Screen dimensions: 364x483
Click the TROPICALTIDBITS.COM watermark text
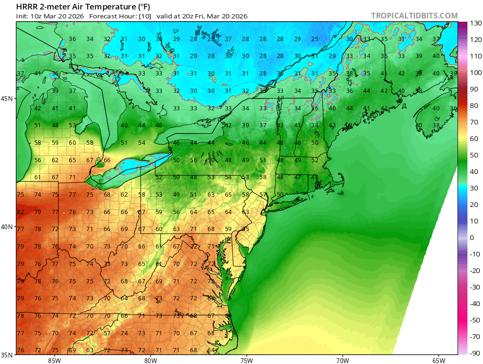point(414,16)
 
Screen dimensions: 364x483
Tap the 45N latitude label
point(8,99)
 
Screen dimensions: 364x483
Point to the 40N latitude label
point(8,227)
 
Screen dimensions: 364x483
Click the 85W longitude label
point(54,360)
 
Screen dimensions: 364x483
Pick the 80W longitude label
point(150,360)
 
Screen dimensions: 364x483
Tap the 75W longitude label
point(246,360)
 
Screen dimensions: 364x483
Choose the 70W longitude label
point(342,360)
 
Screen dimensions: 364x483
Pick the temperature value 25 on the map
point(315,39)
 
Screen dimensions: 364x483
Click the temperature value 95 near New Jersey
point(245,229)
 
